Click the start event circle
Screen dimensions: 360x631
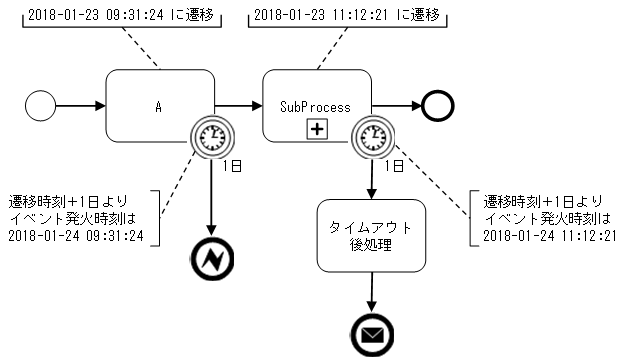click(42, 105)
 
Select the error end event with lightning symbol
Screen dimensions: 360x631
click(212, 260)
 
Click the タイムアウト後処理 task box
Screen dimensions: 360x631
click(371, 235)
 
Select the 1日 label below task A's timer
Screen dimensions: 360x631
click(232, 164)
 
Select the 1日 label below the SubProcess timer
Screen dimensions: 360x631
click(393, 164)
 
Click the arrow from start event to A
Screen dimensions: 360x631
click(80, 105)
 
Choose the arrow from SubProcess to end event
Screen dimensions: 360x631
click(397, 105)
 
